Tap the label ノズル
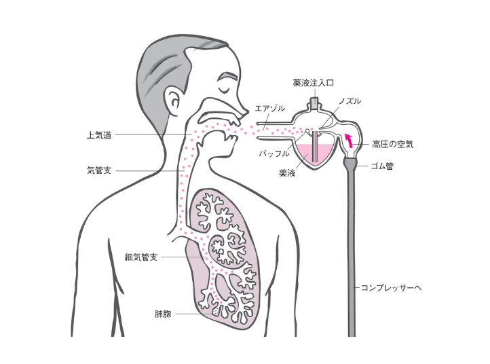coord(349,101)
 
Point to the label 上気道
coord(99,134)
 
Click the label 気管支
coord(99,171)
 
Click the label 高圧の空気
coord(393,144)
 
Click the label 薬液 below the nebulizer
coord(286,172)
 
